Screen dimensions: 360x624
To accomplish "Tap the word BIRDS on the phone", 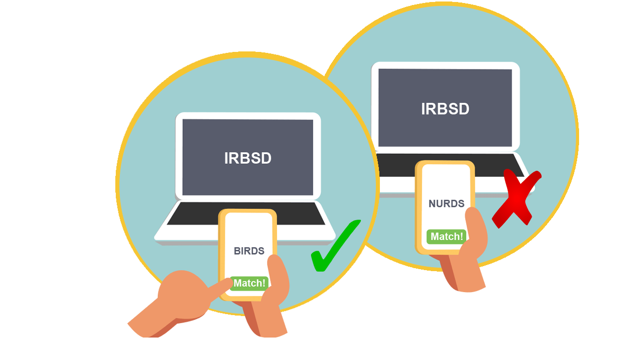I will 249,251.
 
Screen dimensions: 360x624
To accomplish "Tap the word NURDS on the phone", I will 446,204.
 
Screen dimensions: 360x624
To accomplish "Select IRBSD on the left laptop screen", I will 248,158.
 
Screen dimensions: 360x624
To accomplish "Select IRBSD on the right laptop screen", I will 445,109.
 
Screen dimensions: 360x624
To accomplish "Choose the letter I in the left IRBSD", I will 227,158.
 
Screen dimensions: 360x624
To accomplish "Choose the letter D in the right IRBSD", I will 463,109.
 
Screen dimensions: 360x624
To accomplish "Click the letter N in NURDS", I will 432,204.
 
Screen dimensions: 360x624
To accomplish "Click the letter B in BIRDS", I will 237,251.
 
